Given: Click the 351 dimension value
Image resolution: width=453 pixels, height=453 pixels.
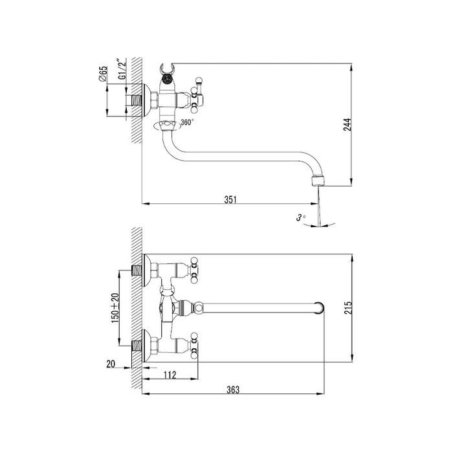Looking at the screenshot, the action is tap(230, 199).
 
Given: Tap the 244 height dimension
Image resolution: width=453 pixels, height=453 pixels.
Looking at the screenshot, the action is tap(348, 124).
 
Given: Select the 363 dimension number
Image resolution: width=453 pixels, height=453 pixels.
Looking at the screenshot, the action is tap(233, 390).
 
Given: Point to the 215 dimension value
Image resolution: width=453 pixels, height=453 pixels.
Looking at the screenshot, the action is tap(348, 307).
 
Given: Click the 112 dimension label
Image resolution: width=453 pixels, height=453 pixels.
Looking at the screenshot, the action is tap(170, 375).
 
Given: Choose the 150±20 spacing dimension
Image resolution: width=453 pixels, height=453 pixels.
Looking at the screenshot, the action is tap(115, 308).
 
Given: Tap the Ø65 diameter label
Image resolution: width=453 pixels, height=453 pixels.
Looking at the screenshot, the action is tap(103, 74).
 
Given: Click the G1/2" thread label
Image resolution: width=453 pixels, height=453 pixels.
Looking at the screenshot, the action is tap(122, 69).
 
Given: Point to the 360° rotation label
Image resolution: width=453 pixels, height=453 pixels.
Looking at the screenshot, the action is tap(187, 122).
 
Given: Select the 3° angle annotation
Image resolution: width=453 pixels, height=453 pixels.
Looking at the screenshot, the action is tap(300, 217).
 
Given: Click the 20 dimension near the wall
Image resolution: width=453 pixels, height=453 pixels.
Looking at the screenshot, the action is tap(111, 364).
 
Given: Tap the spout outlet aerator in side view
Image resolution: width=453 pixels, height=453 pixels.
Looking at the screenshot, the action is tap(318, 181).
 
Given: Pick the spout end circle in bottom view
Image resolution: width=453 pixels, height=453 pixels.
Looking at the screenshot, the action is tap(318, 307).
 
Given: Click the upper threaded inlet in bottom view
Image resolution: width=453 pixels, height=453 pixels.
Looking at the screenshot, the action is tap(137, 271).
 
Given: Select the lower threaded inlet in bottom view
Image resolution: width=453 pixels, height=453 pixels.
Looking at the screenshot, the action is tap(137, 346).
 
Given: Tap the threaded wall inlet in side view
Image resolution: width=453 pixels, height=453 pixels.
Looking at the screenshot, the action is tap(137, 100).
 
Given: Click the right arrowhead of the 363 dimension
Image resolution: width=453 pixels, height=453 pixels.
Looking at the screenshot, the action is tap(321, 393).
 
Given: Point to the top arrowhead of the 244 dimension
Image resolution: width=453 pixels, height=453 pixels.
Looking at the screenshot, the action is tap(351, 67).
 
